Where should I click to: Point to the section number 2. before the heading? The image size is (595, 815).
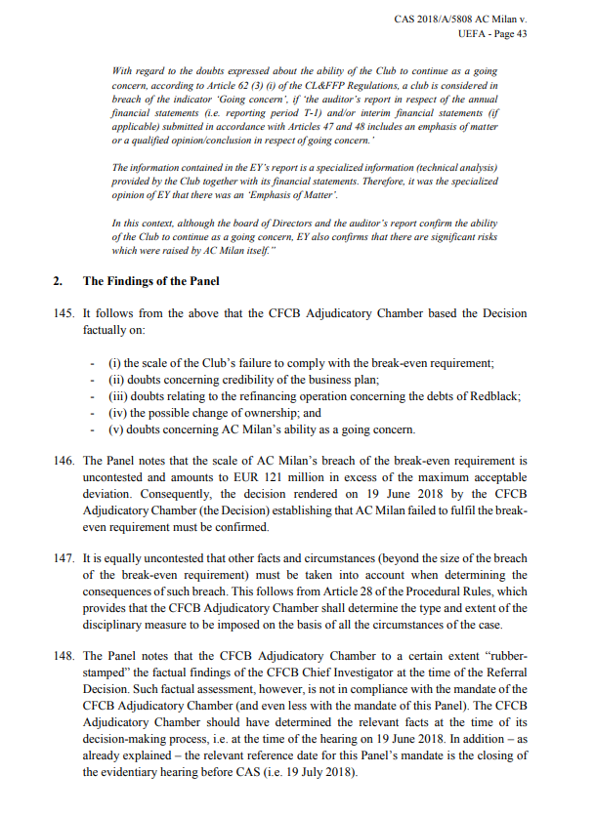58,281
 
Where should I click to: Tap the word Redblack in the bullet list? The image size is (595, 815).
496,396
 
